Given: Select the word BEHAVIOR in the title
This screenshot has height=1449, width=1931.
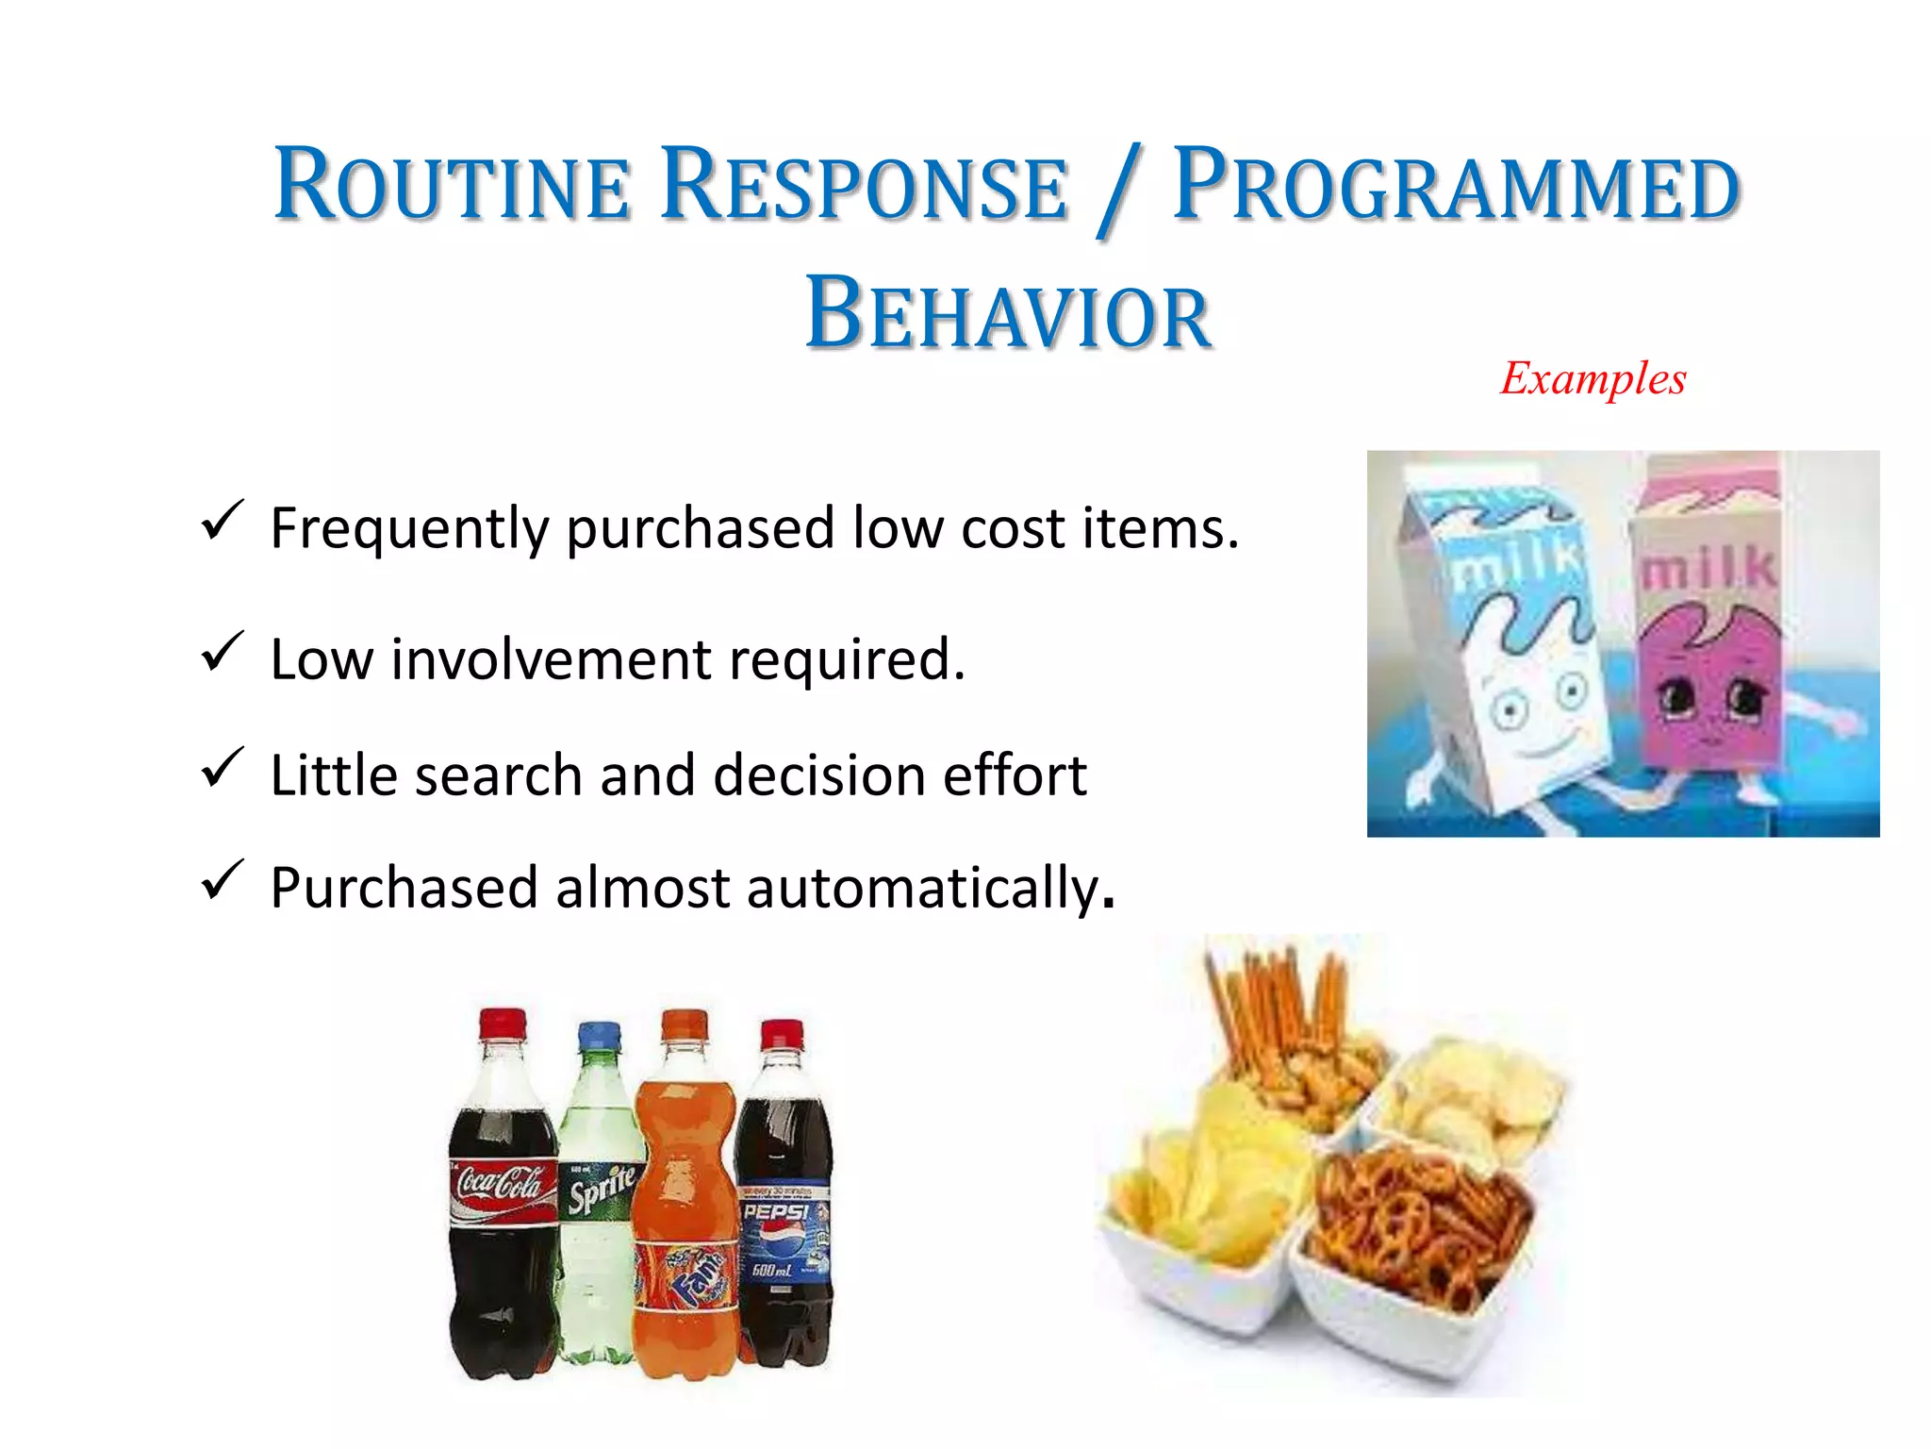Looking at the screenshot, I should tap(1008, 313).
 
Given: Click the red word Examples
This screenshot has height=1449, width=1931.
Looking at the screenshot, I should tap(1593, 379).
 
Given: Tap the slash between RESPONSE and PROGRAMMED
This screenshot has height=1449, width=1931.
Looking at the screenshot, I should tap(1118, 189).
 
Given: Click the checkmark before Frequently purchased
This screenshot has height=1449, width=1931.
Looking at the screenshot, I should tap(222, 521).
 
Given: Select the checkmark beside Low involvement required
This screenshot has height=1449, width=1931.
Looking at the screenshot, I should tap(222, 653).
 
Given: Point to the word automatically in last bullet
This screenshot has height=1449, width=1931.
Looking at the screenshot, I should tap(923, 889).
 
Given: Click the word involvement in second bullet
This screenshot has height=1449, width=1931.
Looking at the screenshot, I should tap(551, 659).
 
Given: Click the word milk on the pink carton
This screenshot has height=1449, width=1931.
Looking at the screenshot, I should tap(1708, 569).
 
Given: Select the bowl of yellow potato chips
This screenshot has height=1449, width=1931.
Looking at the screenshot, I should tap(1202, 1198).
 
